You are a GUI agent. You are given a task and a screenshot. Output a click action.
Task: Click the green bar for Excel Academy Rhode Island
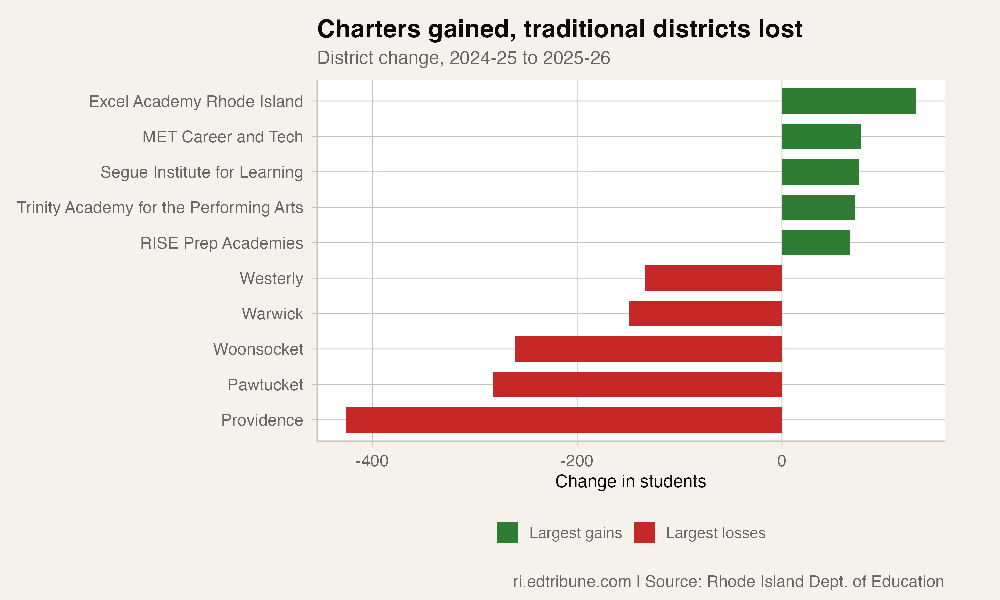[848, 101]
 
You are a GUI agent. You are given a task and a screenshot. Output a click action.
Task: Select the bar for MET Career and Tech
[821, 137]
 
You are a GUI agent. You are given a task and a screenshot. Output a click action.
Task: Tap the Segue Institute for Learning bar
[820, 172]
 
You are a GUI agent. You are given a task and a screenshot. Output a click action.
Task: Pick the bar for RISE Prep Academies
[815, 243]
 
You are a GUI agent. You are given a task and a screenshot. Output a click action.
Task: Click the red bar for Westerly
[713, 278]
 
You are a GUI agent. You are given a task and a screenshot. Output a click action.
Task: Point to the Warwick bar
[705, 314]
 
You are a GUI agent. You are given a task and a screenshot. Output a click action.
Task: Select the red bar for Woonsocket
[648, 349]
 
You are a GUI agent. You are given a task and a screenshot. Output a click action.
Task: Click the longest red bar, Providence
[563, 420]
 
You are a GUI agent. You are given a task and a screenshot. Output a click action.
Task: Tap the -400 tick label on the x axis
[372, 461]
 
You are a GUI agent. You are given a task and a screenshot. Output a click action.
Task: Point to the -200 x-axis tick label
[577, 461]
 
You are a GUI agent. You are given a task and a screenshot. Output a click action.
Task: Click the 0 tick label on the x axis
[781, 461]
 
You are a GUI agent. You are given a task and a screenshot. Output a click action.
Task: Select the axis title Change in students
[631, 482]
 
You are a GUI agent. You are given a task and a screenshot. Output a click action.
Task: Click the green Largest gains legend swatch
[507, 532]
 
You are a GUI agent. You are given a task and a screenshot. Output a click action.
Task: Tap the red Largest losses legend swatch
[644, 532]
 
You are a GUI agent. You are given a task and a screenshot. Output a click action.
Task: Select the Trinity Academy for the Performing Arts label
[160, 208]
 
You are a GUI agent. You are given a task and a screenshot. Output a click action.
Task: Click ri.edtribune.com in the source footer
[572, 582]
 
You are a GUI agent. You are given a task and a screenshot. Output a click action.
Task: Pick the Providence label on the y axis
[262, 420]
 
